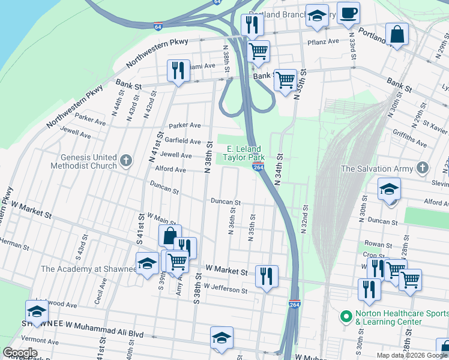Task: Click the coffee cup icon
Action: click(348, 13)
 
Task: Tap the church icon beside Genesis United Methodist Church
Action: click(125, 160)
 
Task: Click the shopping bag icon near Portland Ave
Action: click(397, 34)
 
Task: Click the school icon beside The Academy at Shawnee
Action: click(147, 263)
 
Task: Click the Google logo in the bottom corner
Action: click(20, 353)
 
